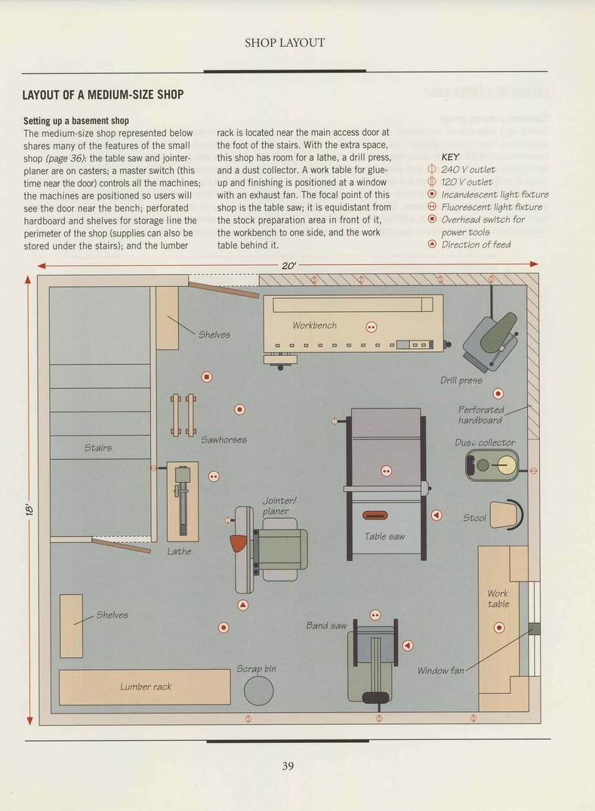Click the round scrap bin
click(259, 690)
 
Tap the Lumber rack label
click(146, 687)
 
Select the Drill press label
click(461, 381)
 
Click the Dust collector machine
click(492, 465)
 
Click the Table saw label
click(384, 537)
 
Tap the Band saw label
click(326, 626)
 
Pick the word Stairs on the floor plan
click(98, 448)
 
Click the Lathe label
click(179, 552)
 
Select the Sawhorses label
click(224, 439)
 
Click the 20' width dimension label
click(288, 265)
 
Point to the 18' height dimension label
click(29, 509)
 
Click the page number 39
click(288, 766)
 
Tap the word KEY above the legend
click(450, 157)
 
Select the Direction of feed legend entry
click(469, 245)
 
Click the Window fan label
click(441, 671)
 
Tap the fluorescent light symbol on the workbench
click(371, 327)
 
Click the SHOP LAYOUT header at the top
click(285, 43)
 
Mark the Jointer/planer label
click(279, 506)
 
